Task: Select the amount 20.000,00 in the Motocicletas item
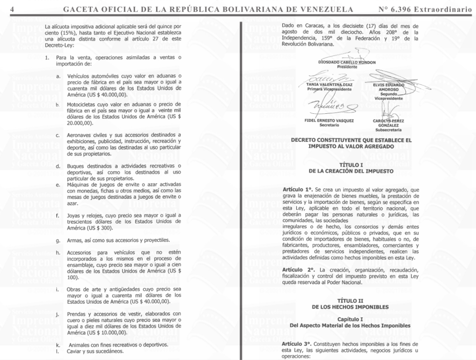tap(79, 123)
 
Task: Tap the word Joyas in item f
tap(75, 216)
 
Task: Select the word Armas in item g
tap(76, 240)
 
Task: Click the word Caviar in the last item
tap(76, 351)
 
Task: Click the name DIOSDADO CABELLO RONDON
tap(347, 62)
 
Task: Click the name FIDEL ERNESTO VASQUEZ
tap(329, 121)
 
